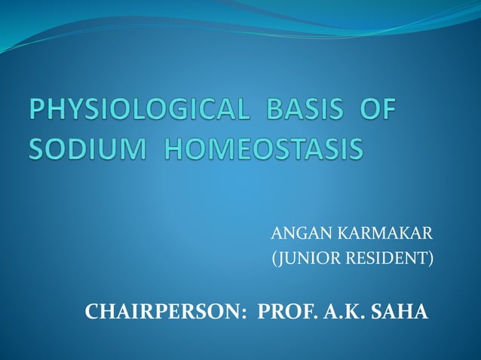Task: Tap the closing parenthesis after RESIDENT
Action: click(x=432, y=261)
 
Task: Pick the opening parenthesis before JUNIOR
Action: click(x=273, y=261)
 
